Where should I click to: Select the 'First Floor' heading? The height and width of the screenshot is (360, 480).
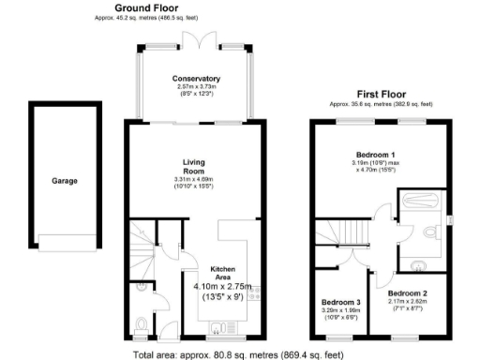pos(380,94)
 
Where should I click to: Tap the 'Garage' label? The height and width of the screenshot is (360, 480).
pos(65,181)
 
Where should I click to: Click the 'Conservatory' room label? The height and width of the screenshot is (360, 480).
pos(196,79)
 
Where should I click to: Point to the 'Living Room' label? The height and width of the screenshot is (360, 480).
pos(194,165)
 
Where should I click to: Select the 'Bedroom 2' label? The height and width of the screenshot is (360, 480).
pos(408,293)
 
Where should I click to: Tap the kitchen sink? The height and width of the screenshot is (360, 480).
pos(218,327)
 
